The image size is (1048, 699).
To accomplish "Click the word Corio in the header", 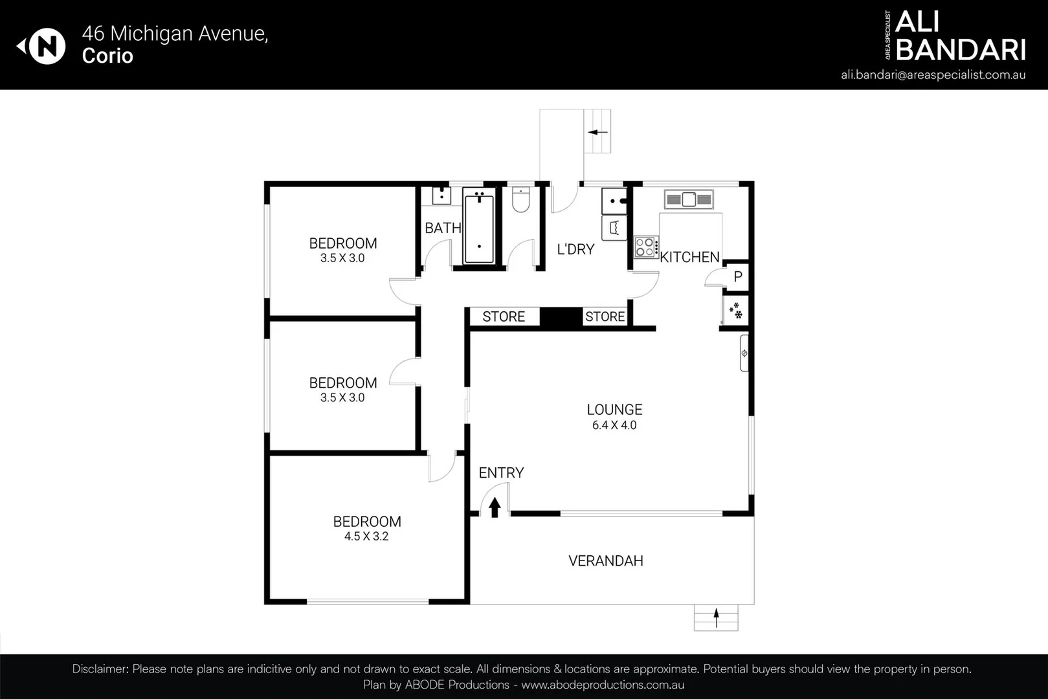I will pos(107,56).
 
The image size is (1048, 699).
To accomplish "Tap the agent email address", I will pos(933,74).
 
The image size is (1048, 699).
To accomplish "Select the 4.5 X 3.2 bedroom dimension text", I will pos(366,537).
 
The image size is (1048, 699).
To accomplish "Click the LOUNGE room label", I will pos(614,410).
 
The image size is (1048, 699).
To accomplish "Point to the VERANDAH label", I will pos(606,561).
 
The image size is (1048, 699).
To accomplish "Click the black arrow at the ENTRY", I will pos(495,507).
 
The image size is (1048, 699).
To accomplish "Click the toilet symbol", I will pos(520,200).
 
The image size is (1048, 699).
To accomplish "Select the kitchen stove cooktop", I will pos(645,247).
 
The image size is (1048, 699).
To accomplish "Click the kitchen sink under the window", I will pos(689,199).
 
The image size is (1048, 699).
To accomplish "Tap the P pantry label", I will pos(737,277).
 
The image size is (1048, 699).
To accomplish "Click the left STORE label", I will pos(504,316).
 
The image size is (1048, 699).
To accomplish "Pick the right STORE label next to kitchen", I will pos(605,316).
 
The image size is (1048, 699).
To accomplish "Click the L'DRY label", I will pos(575,249).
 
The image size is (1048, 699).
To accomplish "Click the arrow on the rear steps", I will pos(597,132).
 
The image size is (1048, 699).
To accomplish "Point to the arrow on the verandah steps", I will pos(716,617).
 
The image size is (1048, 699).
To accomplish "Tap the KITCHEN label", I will pos(689,257).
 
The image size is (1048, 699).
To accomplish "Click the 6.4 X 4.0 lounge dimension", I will pos(614,425).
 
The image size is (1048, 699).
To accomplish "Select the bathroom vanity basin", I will pos(441,195).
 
